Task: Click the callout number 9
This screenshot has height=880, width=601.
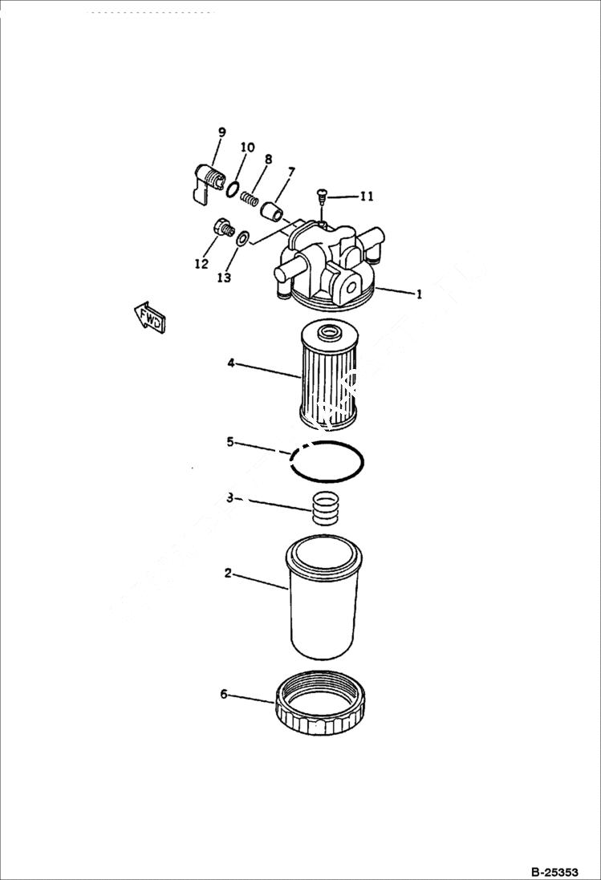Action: [x=221, y=132]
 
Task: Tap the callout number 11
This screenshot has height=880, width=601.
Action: [x=366, y=196]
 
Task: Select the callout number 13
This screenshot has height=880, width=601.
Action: [x=223, y=278]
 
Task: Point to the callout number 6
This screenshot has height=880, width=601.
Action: [x=224, y=694]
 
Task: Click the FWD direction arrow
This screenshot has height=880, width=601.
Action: [x=149, y=317]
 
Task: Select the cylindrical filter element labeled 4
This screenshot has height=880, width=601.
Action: [x=327, y=375]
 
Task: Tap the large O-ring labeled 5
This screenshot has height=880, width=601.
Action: [x=327, y=462]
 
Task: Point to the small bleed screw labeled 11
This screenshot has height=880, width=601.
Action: [x=321, y=195]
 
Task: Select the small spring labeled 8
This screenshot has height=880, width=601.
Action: [x=252, y=198]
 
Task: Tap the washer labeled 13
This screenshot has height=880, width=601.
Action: [x=243, y=237]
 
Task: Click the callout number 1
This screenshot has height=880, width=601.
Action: [x=418, y=294]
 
